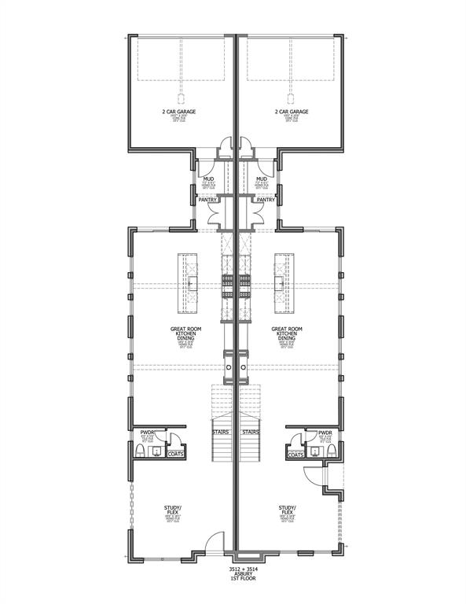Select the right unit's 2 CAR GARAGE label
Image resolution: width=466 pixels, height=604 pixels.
tap(292, 112)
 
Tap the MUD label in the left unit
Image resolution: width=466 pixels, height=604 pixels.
tap(208, 179)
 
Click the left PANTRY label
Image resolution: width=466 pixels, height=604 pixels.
tap(207, 200)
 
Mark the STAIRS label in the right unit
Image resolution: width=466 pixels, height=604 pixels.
tap(251, 432)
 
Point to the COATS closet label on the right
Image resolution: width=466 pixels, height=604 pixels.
tap(295, 455)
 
